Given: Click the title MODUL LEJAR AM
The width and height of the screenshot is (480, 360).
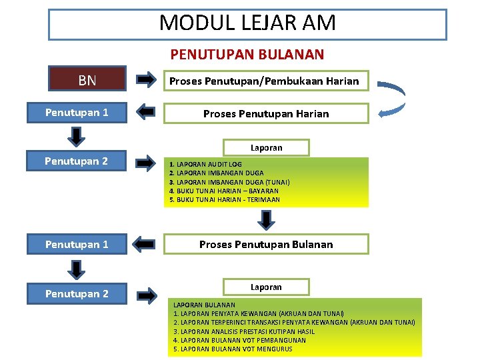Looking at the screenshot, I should (247, 24).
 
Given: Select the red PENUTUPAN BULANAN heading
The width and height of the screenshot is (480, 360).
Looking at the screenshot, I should (247, 54).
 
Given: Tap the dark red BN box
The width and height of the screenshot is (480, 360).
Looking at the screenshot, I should (87, 81).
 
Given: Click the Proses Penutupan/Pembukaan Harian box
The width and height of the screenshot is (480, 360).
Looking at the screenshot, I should (265, 81).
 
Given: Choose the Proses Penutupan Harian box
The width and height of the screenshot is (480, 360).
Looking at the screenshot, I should (266, 113).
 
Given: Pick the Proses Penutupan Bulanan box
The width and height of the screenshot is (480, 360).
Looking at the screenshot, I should (266, 244).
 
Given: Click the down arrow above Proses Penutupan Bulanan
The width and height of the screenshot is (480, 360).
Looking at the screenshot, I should (266, 219).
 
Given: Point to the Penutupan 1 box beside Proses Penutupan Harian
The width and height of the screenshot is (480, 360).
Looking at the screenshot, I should (77, 113).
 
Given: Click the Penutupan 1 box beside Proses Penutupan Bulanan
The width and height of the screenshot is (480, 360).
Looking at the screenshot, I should (77, 244).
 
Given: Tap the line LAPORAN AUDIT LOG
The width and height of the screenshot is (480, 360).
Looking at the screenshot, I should (207, 164).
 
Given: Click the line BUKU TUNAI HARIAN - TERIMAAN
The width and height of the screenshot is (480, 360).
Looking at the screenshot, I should (225, 199).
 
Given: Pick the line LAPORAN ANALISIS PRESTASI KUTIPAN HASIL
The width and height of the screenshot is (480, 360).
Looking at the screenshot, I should (244, 331).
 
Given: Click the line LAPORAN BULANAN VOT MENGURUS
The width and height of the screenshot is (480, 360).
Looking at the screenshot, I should (233, 349).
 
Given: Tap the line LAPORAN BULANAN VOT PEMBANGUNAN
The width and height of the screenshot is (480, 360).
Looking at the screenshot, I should (239, 340).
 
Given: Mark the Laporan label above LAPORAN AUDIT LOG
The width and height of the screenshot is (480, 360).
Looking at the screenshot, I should (266, 147).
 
